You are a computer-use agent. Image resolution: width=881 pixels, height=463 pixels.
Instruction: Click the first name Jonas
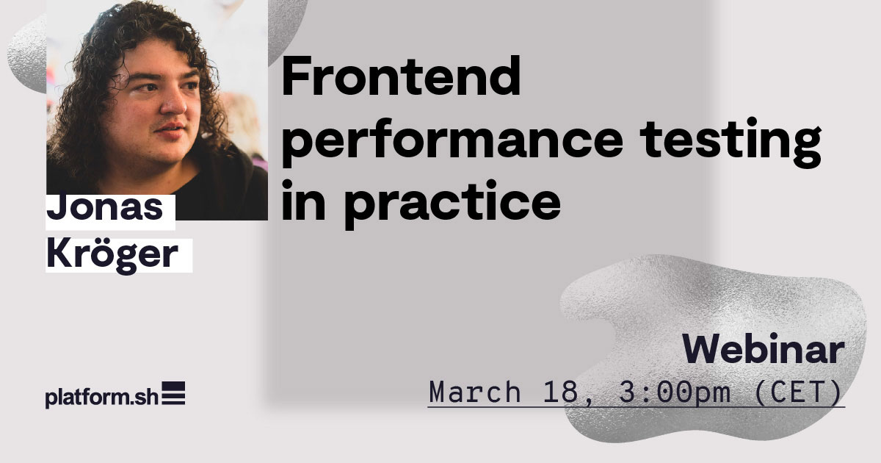pyautogui.click(x=104, y=207)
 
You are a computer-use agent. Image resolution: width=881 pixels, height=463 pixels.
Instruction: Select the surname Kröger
pyautogui.click(x=112, y=255)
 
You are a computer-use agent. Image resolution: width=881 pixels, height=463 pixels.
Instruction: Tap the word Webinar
pyautogui.click(x=763, y=350)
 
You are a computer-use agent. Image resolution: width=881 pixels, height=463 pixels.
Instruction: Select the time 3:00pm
pyautogui.click(x=675, y=391)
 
